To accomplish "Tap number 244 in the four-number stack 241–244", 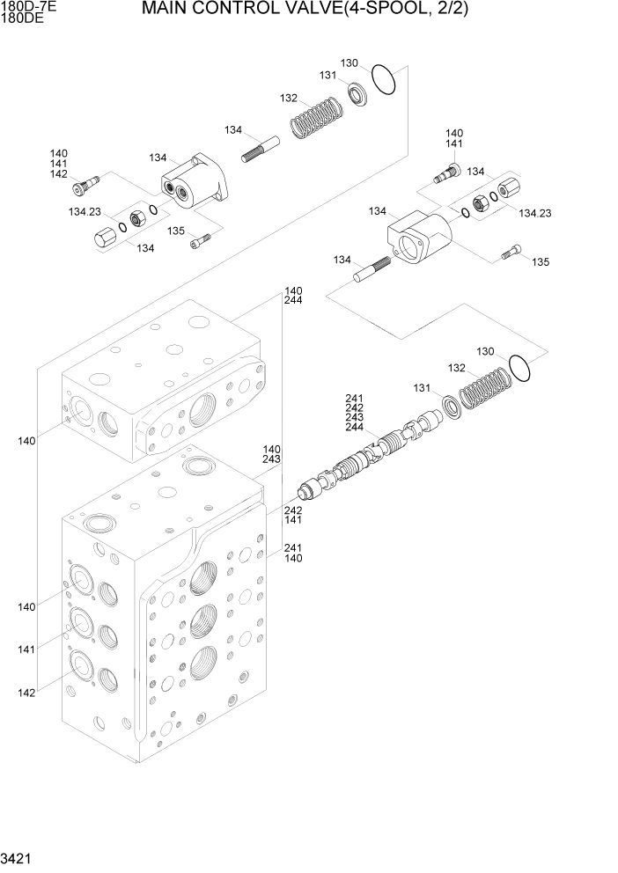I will pos(354,428).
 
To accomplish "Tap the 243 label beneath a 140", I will pos(271,459).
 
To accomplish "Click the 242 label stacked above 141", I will pos(292,510).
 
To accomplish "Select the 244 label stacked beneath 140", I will pos(293,300).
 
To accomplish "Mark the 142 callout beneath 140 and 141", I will pos(59,174).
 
